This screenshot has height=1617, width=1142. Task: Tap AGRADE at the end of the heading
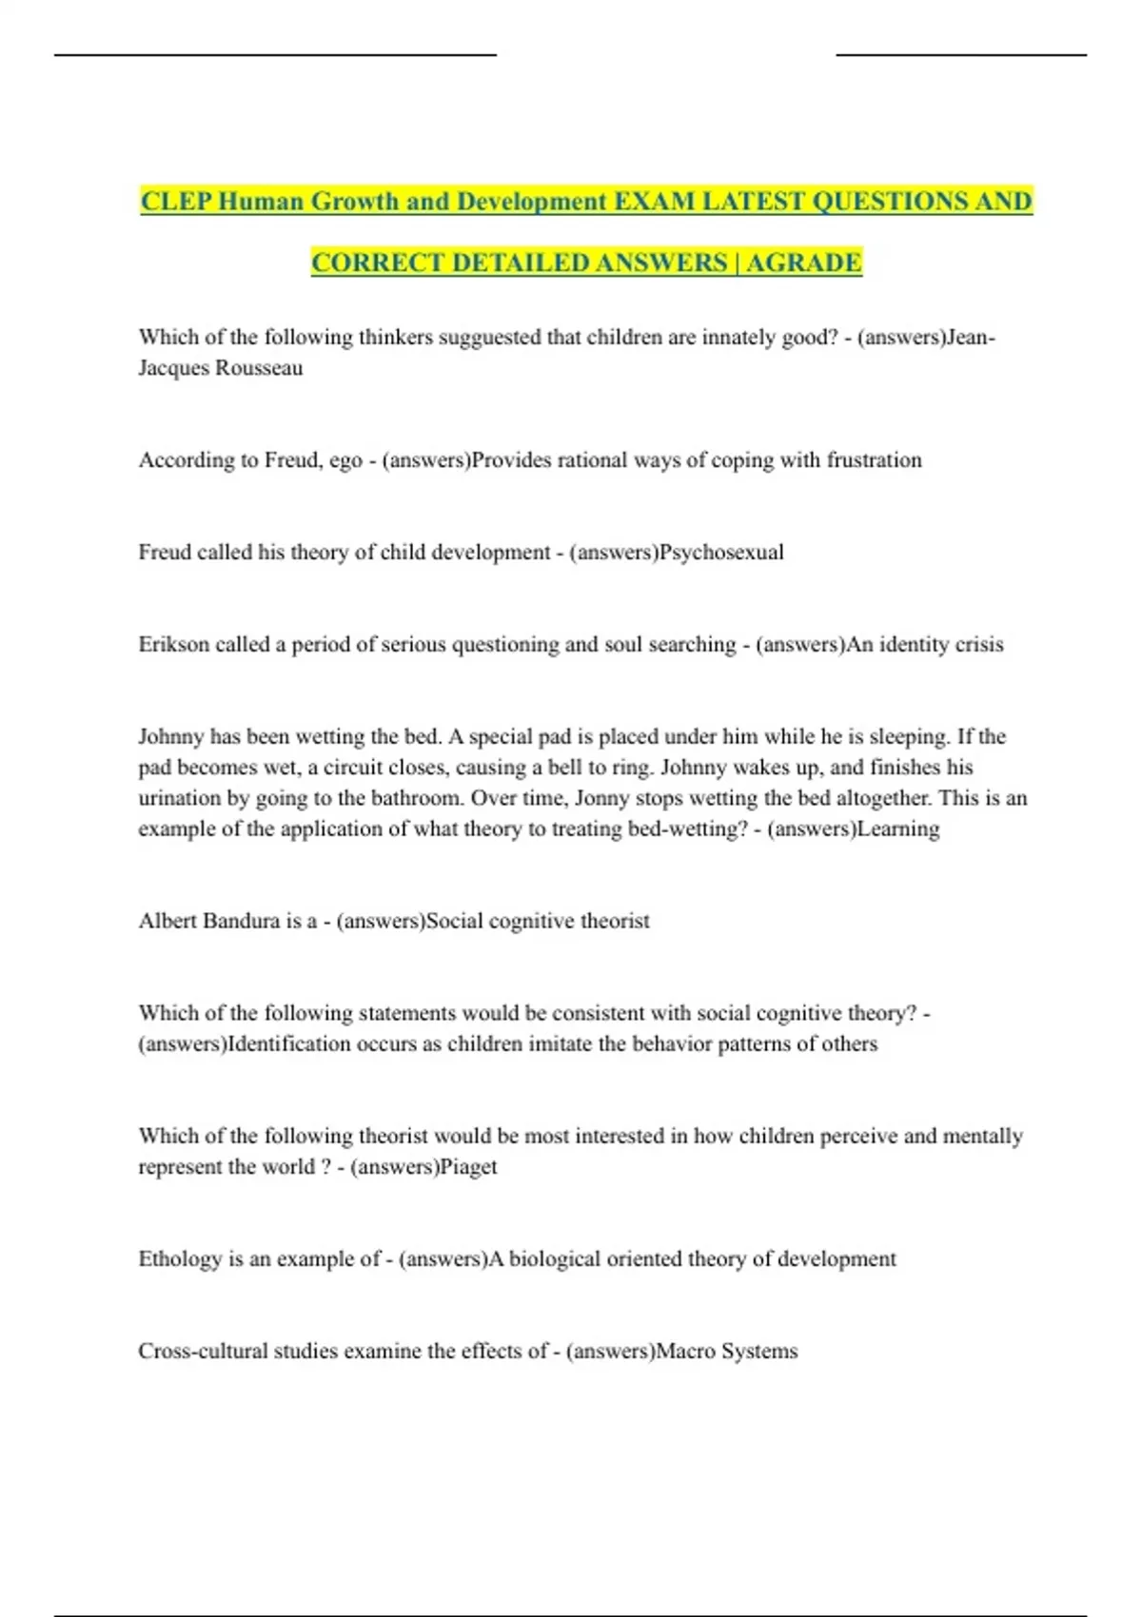point(803,263)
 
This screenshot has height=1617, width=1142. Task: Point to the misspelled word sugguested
point(384,338)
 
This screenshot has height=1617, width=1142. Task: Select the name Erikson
point(173,645)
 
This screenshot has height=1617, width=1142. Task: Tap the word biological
point(561,1259)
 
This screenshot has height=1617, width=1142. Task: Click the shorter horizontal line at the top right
point(961,55)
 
